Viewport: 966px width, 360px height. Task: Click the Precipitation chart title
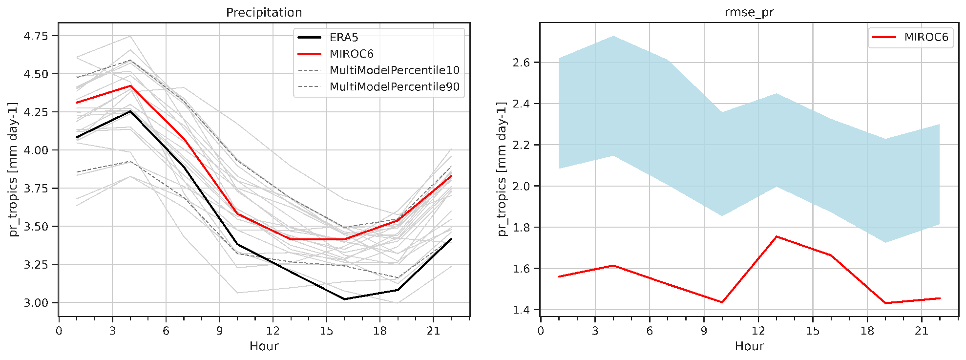coord(264,12)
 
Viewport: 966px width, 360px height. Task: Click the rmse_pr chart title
coord(749,12)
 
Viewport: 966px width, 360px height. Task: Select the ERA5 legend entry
coord(344,38)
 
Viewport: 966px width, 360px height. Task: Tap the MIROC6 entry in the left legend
coord(351,54)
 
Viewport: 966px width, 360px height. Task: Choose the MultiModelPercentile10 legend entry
coord(394,70)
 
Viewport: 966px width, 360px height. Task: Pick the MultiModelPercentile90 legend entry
coord(394,87)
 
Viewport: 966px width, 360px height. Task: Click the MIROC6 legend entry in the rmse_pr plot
coord(926,37)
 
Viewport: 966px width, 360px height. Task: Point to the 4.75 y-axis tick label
coord(36,36)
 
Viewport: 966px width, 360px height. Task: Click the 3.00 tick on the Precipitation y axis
coord(36,303)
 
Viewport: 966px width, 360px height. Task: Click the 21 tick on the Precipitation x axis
coord(433,331)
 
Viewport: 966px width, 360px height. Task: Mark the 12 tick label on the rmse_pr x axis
coord(758,331)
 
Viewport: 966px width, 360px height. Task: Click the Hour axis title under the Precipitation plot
coord(264,346)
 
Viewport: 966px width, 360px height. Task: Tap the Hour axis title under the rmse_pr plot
coord(749,346)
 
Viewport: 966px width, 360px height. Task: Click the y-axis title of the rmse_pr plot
coord(502,169)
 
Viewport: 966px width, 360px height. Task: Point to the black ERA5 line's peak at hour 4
coord(130,111)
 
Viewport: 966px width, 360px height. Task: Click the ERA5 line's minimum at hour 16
coord(344,299)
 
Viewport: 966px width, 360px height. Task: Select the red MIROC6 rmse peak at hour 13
coord(776,236)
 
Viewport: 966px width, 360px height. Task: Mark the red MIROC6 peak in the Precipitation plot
coord(130,86)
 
